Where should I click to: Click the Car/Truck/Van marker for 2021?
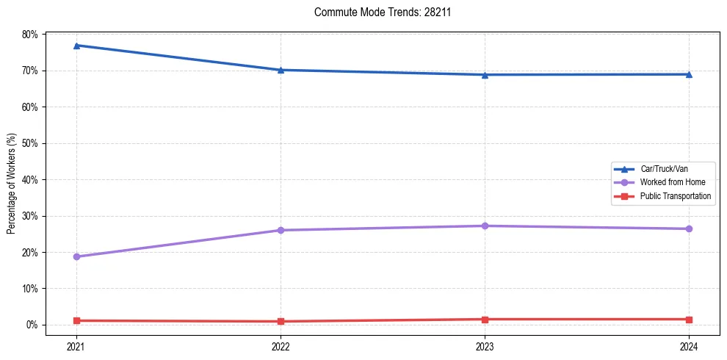pyautogui.click(x=76, y=46)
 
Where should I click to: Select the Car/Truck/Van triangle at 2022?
pyautogui.click(x=281, y=70)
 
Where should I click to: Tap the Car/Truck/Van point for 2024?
pyautogui.click(x=689, y=74)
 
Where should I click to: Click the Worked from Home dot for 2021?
pyautogui.click(x=76, y=256)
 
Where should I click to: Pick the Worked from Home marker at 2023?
pyautogui.click(x=485, y=226)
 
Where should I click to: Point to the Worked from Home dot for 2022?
pyautogui.click(x=281, y=230)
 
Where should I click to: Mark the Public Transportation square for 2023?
pyautogui.click(x=485, y=320)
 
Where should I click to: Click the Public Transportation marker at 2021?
pyautogui.click(x=76, y=320)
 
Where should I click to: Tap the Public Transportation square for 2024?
pyautogui.click(x=689, y=320)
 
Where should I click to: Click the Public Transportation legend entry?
pyautogui.click(x=675, y=196)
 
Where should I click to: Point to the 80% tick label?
pyautogui.click(x=30, y=35)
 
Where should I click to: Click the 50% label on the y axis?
pyautogui.click(x=30, y=143)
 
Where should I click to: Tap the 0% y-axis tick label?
pyautogui.click(x=32, y=325)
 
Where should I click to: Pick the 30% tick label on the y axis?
pyautogui.click(x=30, y=216)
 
